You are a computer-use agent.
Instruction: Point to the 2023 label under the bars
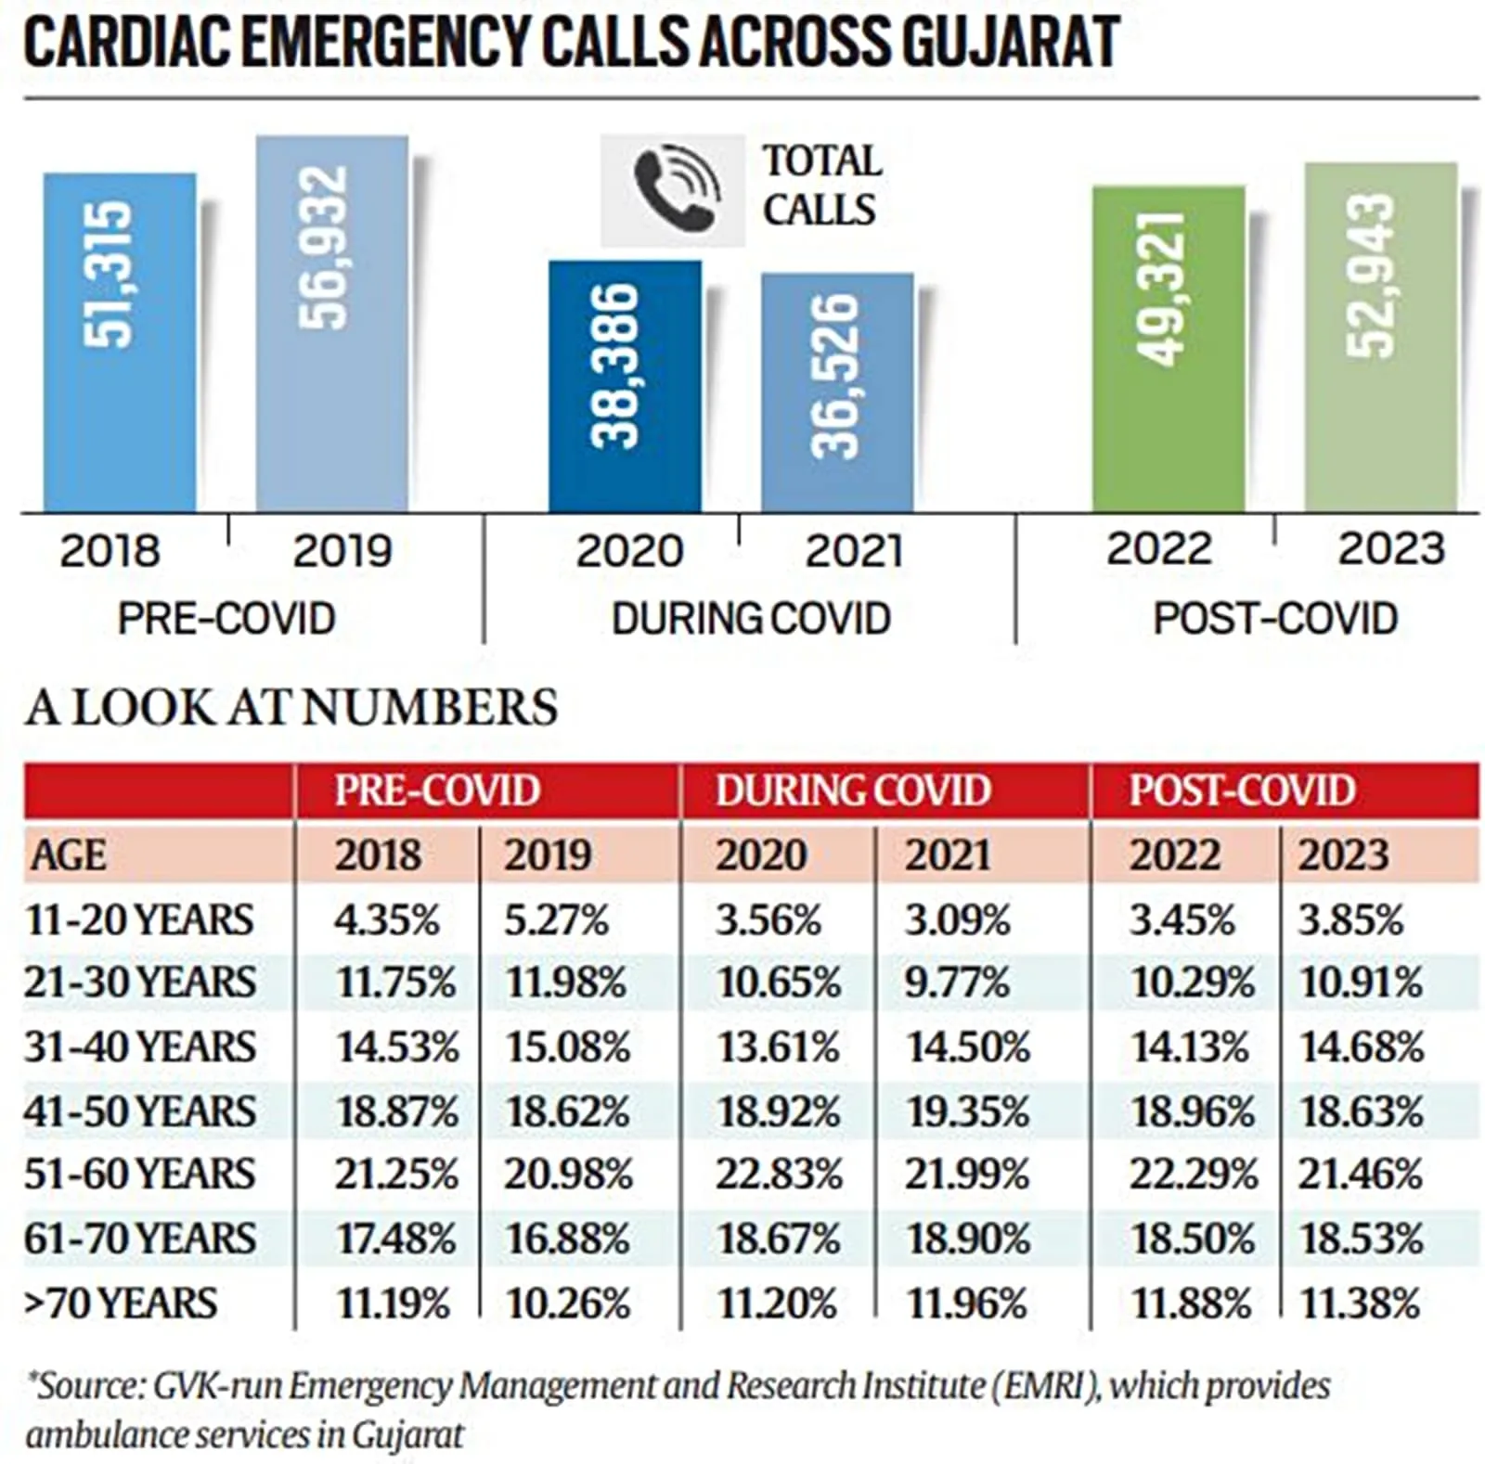click(1390, 548)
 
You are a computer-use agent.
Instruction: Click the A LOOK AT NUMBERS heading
click(291, 707)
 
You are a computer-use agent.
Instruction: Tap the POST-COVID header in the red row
click(1242, 790)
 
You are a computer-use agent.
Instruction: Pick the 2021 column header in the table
click(947, 854)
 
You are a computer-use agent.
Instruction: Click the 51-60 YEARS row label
click(139, 1174)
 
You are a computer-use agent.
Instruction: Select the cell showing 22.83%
click(778, 1175)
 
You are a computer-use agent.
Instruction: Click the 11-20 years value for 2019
click(556, 919)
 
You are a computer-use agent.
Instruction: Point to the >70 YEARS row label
click(121, 1303)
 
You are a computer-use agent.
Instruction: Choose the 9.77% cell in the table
click(956, 982)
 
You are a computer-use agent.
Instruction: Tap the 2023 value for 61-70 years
click(1360, 1239)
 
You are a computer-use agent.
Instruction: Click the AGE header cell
click(68, 854)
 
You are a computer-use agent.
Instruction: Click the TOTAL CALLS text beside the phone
click(820, 186)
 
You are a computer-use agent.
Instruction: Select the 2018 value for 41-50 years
click(396, 1111)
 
